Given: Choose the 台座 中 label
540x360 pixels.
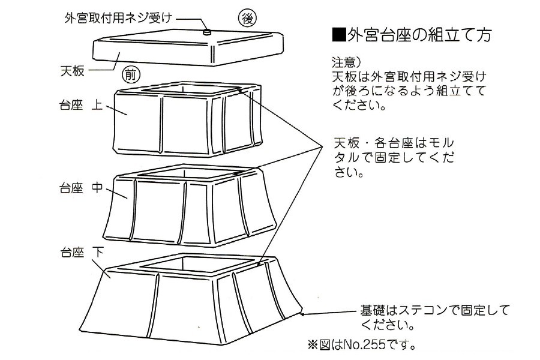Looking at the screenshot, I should [81, 187].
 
